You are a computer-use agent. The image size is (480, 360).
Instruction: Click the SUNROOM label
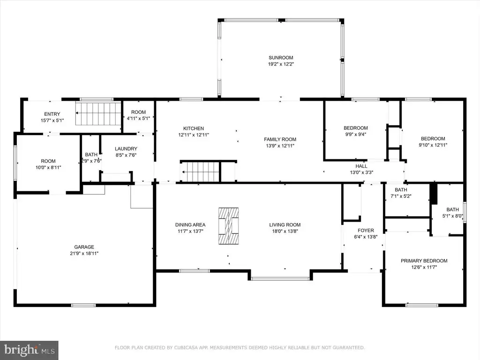click(x=281, y=58)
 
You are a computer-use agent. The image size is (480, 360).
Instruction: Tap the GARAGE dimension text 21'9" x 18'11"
click(x=84, y=254)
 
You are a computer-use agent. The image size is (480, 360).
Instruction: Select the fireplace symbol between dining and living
click(x=229, y=226)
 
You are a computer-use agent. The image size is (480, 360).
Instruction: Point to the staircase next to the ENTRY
click(x=98, y=113)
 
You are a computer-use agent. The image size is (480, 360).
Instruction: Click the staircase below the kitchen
click(x=200, y=172)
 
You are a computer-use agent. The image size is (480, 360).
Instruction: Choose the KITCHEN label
click(x=194, y=128)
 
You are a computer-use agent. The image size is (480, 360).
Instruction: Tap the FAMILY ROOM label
click(x=280, y=139)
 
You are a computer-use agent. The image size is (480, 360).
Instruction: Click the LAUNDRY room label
click(x=126, y=149)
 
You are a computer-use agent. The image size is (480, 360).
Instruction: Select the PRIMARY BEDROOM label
click(x=424, y=261)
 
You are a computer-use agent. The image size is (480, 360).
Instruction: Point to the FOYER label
click(x=366, y=231)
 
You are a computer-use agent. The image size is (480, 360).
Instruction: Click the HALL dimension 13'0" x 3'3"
click(x=361, y=172)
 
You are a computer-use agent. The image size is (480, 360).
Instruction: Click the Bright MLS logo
click(x=30, y=350)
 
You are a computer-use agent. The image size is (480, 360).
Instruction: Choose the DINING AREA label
click(x=190, y=225)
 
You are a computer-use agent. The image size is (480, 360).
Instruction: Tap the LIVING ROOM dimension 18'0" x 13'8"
click(x=285, y=231)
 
